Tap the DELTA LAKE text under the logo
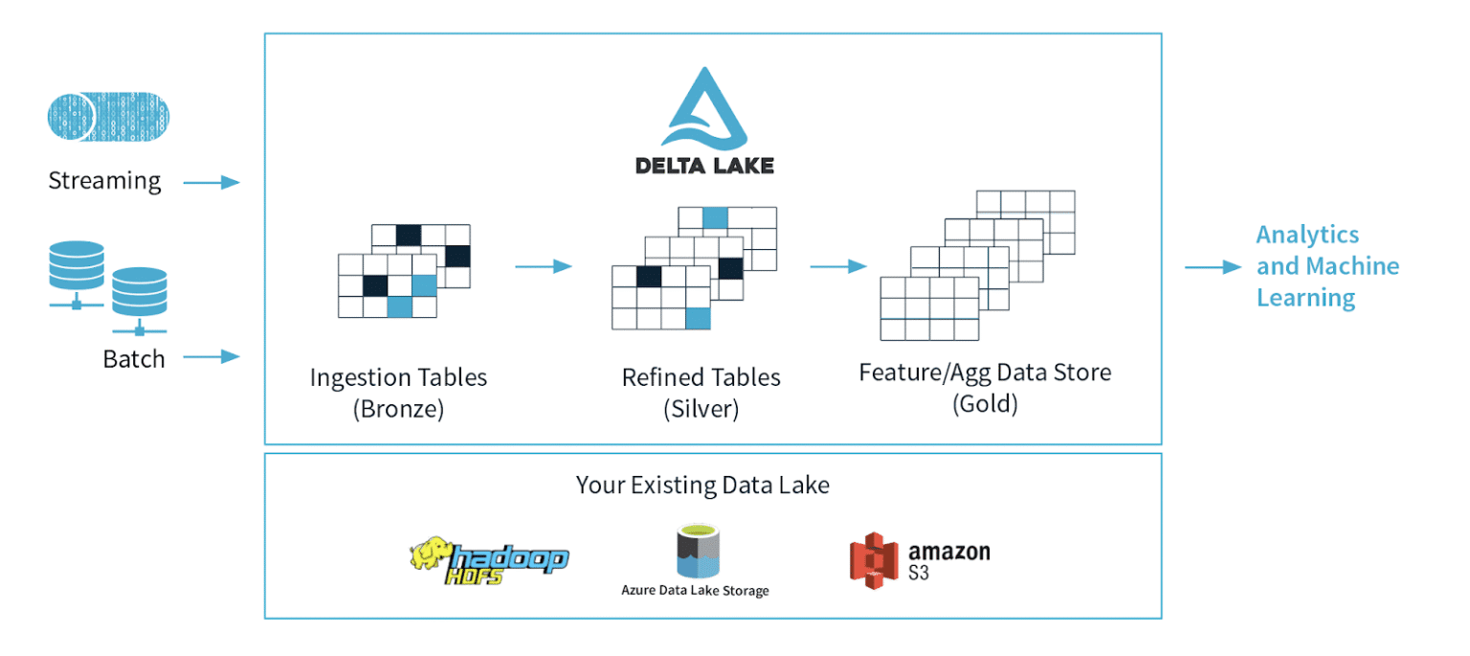click(x=704, y=165)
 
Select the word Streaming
click(x=104, y=181)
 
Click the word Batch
click(x=134, y=359)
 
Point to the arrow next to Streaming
click(x=211, y=182)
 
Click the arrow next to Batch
click(x=211, y=357)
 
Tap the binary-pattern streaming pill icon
click(x=108, y=117)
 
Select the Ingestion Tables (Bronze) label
click(x=398, y=393)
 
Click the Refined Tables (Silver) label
click(x=701, y=393)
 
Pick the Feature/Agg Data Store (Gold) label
click(x=985, y=387)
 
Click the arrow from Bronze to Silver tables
click(x=543, y=265)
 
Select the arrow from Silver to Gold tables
click(x=838, y=265)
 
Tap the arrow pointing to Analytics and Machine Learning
click(x=1213, y=267)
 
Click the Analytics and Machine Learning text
click(x=1326, y=266)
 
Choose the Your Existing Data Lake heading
click(x=702, y=485)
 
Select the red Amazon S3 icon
click(x=875, y=560)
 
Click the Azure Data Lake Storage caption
click(x=695, y=590)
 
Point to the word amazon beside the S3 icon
click(x=948, y=553)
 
